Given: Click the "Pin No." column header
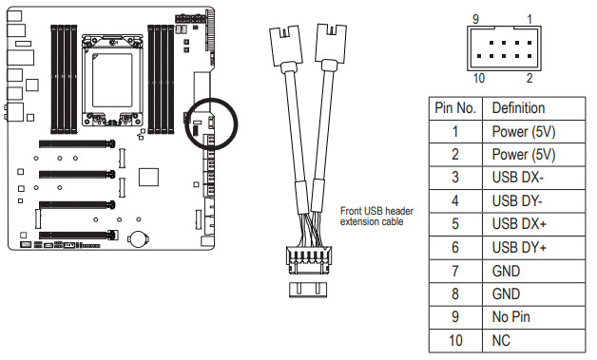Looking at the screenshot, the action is [455, 108].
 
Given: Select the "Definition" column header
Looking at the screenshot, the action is [518, 108].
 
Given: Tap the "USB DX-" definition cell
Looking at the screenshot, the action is [518, 178].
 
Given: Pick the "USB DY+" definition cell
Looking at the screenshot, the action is [519, 247].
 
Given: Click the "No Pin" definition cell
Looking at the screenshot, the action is [510, 316].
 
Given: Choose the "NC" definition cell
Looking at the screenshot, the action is [501, 340].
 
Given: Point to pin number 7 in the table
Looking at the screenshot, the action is [455, 271].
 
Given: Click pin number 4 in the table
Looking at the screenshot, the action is [455, 201].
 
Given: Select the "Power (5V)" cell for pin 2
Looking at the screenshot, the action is [524, 155].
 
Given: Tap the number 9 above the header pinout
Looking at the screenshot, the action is [475, 19].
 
